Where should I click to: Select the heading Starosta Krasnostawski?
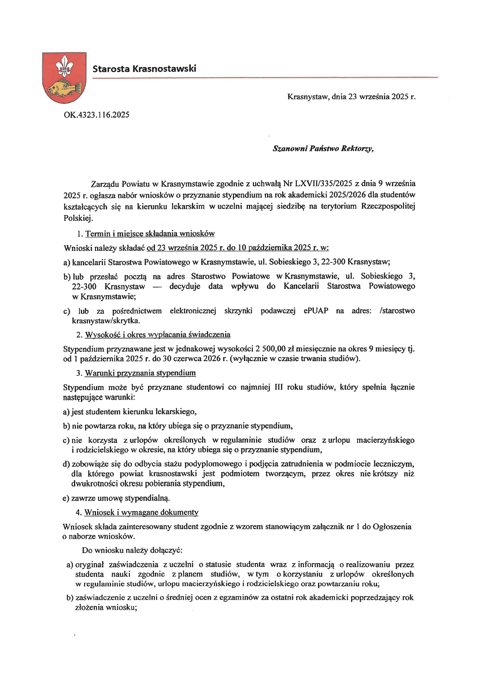pos(144,69)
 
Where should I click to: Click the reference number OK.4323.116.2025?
pos(96,114)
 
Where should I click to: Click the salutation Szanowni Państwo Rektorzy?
pos(323,149)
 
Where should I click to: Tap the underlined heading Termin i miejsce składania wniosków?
pos(150,234)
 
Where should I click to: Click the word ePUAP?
pos(316,311)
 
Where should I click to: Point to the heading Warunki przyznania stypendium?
pos(140,373)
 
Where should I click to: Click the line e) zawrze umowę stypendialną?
pos(116,498)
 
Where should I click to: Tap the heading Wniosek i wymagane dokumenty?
pos(141,512)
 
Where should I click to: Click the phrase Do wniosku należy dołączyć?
pos(132,550)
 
